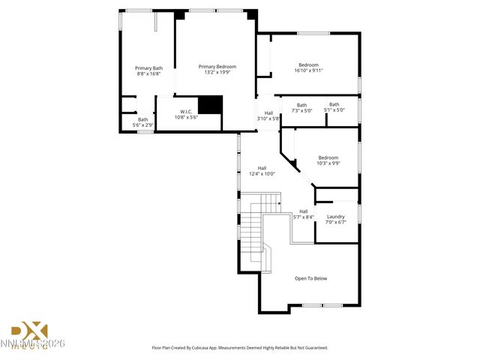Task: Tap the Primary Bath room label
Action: pos(148,68)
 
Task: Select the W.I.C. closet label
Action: pos(186,112)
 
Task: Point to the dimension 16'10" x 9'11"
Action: pos(308,70)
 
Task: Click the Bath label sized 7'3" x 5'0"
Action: pos(301,105)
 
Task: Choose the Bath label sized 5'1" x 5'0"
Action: pos(334,104)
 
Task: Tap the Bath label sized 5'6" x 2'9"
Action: pos(142,119)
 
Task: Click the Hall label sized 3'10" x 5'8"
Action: pos(268,113)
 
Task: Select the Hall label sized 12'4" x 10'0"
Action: pos(262,168)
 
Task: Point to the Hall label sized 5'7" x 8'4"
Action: pos(303,211)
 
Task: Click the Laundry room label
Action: pos(335,216)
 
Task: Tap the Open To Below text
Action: pos(310,278)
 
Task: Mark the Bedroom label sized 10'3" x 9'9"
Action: pos(328,157)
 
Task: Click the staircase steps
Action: pos(252,225)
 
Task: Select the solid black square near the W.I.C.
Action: pos(211,105)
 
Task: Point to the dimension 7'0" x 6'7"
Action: pos(335,222)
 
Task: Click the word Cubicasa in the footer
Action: pos(212,348)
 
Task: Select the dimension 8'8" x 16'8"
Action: pos(148,73)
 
